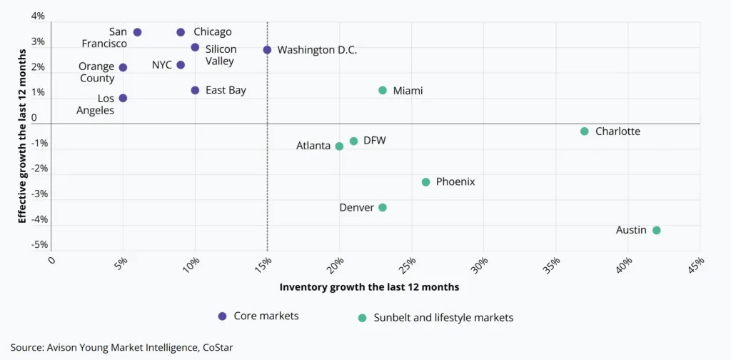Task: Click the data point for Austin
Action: point(657,230)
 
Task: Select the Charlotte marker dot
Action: point(585,131)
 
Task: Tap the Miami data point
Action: point(383,91)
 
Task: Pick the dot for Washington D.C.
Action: point(267,50)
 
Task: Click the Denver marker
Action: point(383,207)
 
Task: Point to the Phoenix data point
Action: point(426,182)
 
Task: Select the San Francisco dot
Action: point(137,32)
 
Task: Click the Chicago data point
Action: point(181,32)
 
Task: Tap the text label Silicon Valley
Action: point(221,55)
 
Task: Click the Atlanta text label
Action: point(313,146)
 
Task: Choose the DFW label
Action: point(374,141)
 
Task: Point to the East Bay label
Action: point(226,91)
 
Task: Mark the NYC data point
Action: point(181,65)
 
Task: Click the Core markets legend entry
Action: point(261,316)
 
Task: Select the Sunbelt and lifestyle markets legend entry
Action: point(443,318)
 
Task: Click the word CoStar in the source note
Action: point(215,347)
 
